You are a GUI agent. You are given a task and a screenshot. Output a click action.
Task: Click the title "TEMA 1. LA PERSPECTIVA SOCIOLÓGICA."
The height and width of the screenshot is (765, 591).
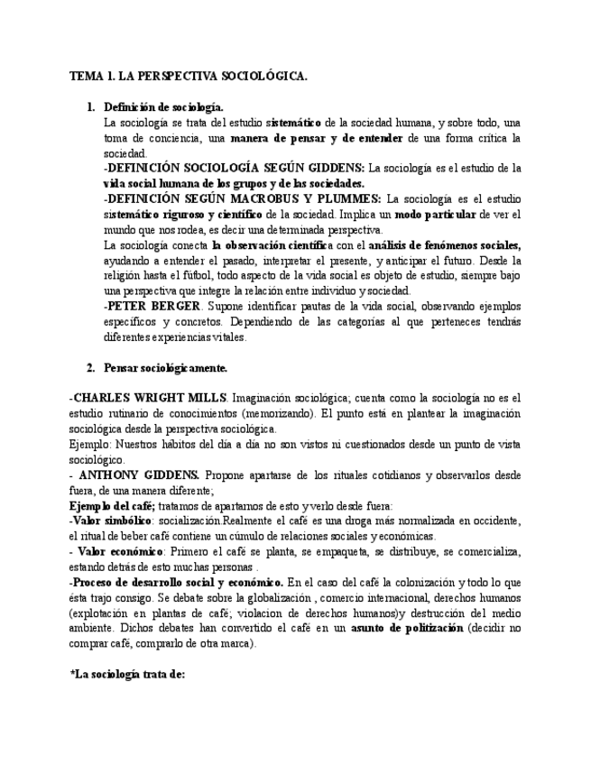[x=188, y=78]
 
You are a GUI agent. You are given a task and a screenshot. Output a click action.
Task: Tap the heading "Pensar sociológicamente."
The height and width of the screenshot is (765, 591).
[x=165, y=367]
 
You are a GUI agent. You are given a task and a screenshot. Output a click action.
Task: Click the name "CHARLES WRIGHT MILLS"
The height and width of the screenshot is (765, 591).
[x=151, y=398]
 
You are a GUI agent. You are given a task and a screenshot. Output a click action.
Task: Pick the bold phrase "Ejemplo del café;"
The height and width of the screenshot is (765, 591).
[x=112, y=505]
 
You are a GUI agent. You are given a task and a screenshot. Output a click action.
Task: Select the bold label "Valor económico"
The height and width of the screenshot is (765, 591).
[x=113, y=551]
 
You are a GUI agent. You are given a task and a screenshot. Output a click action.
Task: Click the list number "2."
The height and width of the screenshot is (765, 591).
[x=90, y=367]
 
